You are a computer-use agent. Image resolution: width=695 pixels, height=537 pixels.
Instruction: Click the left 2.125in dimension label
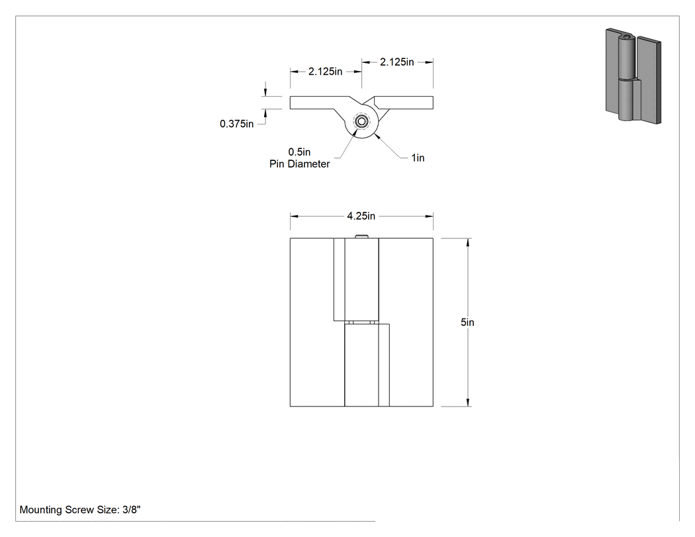(326, 72)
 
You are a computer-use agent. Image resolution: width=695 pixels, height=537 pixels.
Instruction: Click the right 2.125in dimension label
(396, 62)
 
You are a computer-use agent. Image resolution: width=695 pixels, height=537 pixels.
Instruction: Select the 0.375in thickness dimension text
(237, 124)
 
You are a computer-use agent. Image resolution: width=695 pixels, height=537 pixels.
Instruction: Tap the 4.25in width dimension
(361, 216)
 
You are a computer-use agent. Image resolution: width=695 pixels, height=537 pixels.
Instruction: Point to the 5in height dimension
(467, 322)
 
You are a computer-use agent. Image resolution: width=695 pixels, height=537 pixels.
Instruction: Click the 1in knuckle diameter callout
(418, 158)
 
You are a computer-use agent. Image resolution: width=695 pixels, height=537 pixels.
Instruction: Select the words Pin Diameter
(300, 164)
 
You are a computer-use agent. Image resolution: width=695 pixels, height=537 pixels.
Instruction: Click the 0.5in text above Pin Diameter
(300, 152)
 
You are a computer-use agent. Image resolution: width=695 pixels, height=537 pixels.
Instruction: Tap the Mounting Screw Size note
(80, 509)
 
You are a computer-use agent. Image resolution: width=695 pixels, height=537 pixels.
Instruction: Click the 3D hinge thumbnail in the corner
(633, 76)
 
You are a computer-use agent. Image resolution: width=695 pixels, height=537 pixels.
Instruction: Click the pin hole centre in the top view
(361, 121)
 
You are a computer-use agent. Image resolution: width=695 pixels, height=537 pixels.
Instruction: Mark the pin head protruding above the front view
(361, 236)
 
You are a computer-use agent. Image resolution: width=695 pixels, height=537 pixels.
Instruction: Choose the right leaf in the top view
(403, 103)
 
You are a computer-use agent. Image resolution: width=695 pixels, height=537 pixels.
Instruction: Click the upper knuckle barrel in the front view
(361, 279)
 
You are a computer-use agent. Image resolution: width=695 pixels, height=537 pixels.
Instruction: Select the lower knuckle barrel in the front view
(361, 365)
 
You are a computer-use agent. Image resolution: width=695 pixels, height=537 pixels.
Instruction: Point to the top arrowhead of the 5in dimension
(467, 242)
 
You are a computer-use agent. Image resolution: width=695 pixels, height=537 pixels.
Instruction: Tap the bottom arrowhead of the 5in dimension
(467, 403)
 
